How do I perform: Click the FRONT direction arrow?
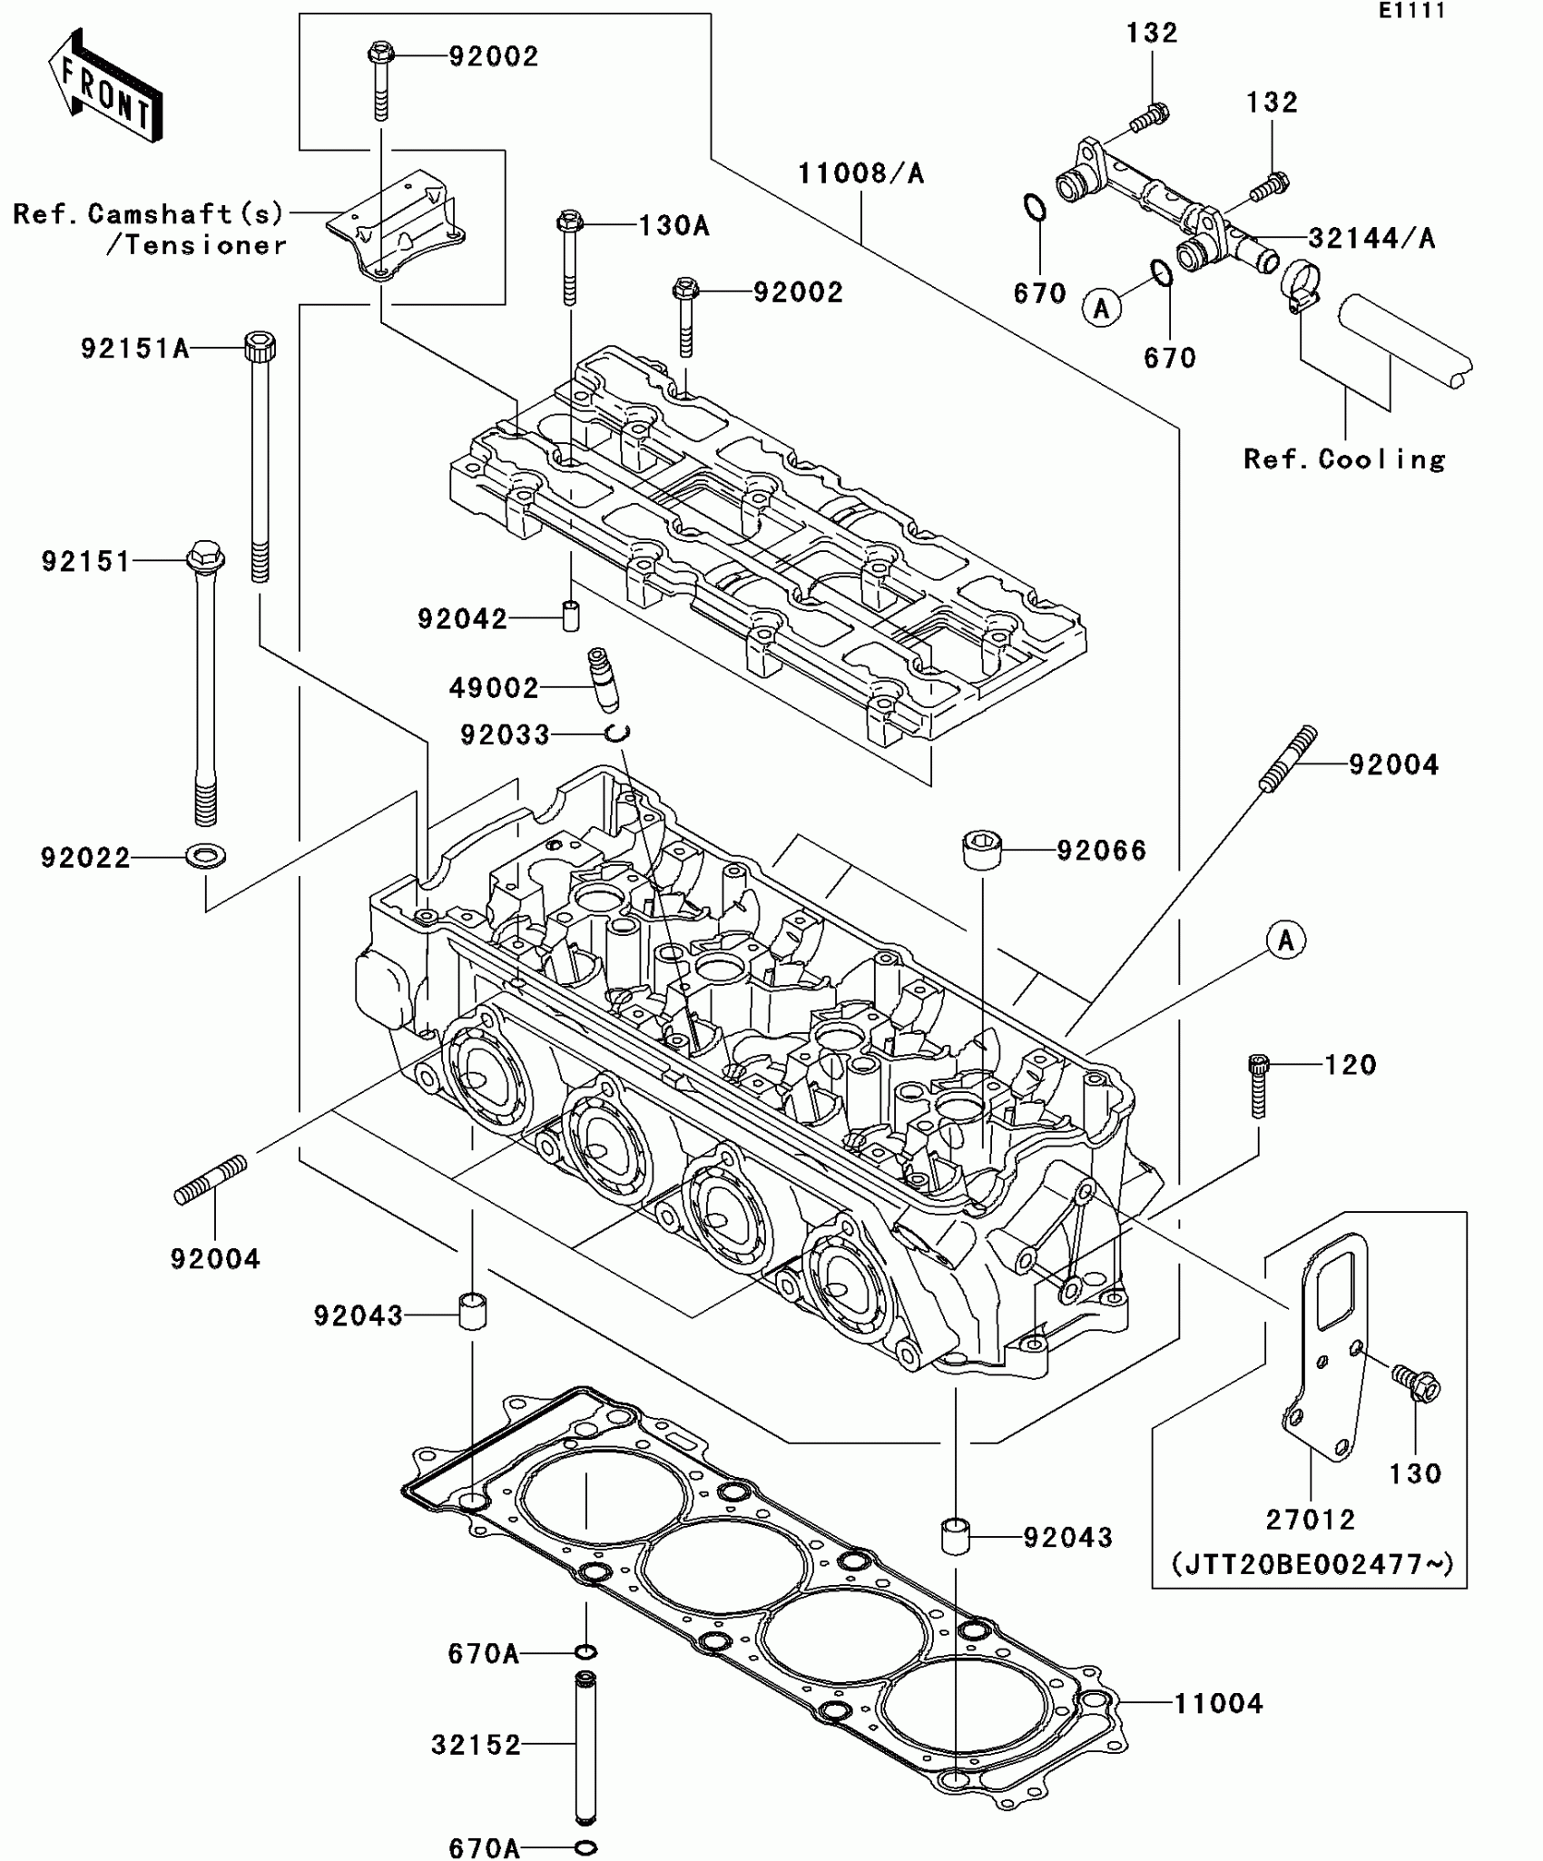[x=105, y=85]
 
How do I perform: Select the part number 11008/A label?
[x=860, y=173]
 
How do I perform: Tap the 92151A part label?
[x=134, y=349]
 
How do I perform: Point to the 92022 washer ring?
[x=206, y=855]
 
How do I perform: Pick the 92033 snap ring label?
[x=505, y=734]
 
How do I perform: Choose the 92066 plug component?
[x=980, y=849]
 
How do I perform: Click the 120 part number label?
[x=1351, y=1064]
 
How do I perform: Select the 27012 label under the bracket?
[x=1310, y=1519]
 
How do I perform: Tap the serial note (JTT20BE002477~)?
[x=1311, y=1564]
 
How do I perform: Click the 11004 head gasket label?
[x=1218, y=1704]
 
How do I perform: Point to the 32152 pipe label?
[x=476, y=1745]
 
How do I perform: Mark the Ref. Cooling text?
[x=1344, y=459]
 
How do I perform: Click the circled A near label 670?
[x=1101, y=309]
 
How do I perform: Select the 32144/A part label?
[x=1371, y=239]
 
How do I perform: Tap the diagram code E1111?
[x=1411, y=11]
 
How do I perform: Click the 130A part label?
[x=673, y=226]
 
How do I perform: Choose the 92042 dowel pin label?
[x=462, y=619]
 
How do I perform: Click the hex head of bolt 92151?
[x=205, y=556]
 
